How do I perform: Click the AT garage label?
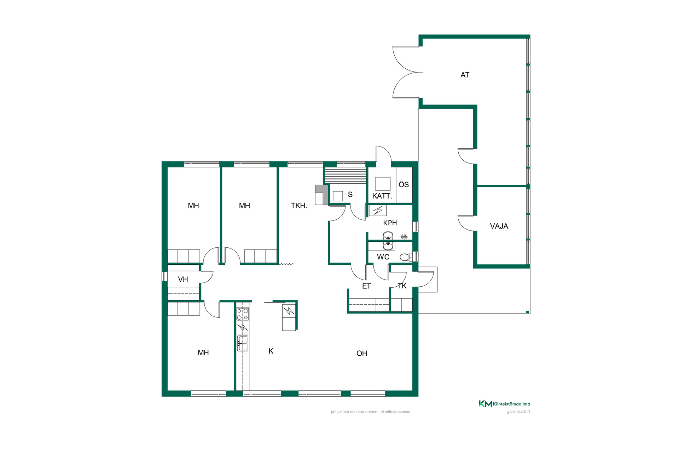[465, 75]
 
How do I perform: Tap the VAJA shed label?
[499, 226]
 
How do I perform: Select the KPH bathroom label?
[390, 223]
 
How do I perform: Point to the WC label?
[383, 257]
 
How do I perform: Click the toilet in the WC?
[406, 257]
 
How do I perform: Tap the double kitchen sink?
[243, 343]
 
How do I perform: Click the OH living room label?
[362, 353]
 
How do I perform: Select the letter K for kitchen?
[271, 351]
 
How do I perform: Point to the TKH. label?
[299, 206]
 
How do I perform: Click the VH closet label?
[183, 279]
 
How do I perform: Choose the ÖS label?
[404, 184]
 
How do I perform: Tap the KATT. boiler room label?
[382, 196]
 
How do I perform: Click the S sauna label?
[350, 194]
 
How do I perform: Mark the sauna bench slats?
[346, 175]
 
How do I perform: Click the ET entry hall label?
[366, 286]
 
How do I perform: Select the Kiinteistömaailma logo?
[504, 404]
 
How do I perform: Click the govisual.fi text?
[518, 412]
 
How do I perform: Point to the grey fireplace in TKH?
[321, 195]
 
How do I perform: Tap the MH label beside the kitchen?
[203, 352]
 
